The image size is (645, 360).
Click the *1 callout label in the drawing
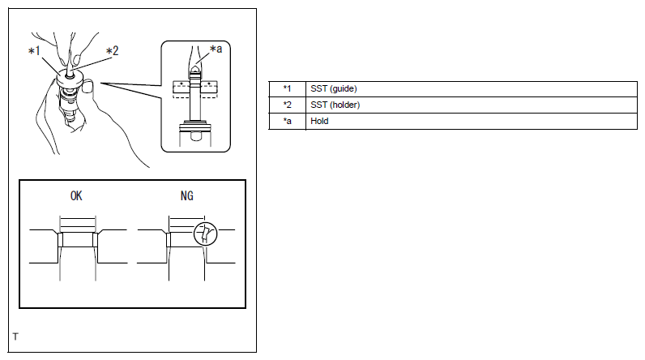tap(34, 52)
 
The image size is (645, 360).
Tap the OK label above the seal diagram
tap(77, 196)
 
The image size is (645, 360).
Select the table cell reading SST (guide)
tap(334, 88)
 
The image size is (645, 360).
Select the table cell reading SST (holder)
tap(335, 105)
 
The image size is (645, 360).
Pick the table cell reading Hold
tap(319, 121)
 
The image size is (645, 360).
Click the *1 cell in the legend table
tap(287, 88)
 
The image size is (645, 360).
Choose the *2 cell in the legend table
tap(287, 105)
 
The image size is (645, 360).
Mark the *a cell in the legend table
tap(287, 121)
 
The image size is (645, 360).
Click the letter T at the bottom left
tap(15, 336)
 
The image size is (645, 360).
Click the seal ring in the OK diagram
tap(77, 240)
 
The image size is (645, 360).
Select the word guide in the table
tap(344, 88)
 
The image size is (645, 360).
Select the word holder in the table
tap(345, 105)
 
